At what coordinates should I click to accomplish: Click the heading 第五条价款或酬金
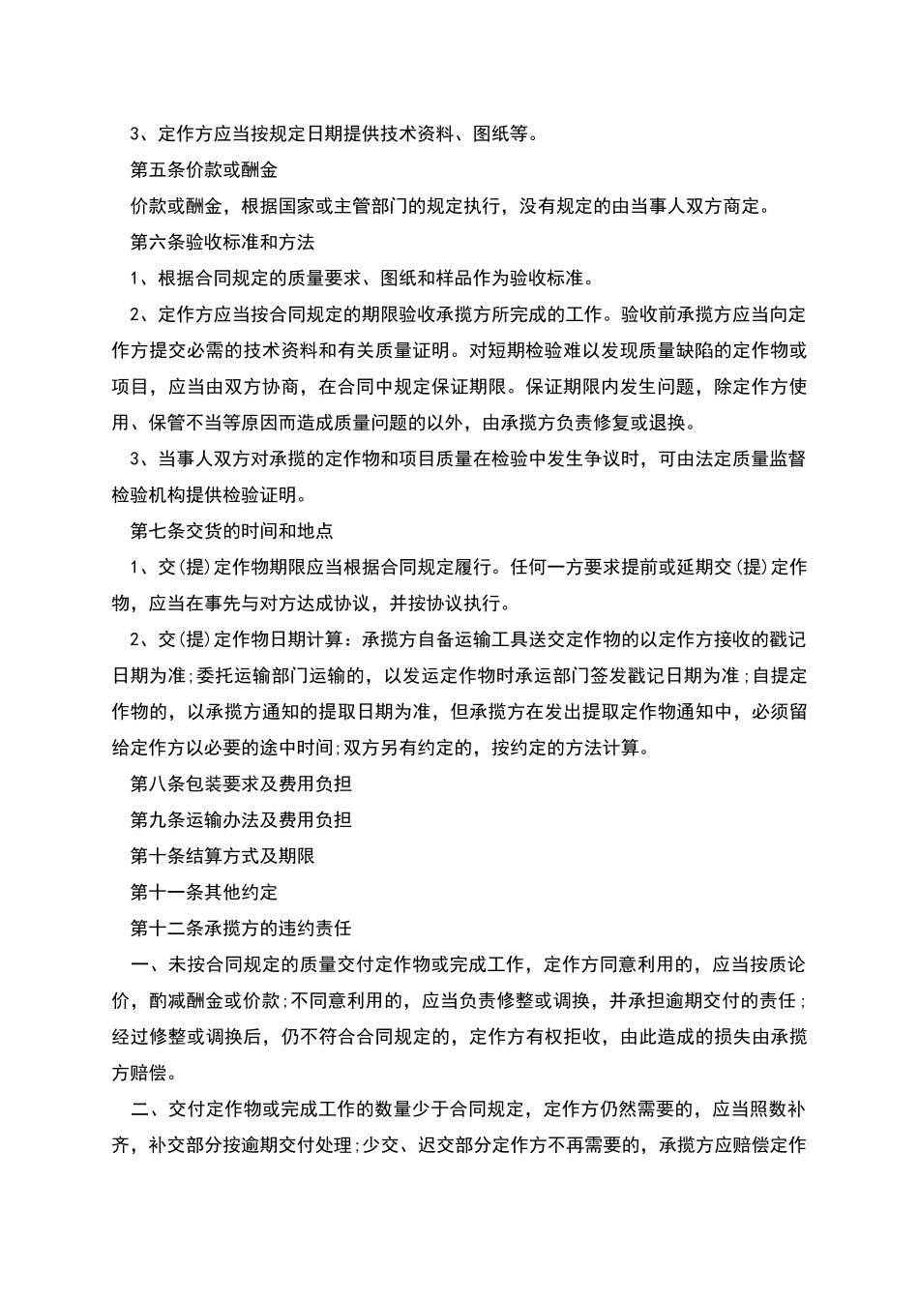tap(203, 170)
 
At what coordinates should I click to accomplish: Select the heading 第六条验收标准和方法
tap(222, 243)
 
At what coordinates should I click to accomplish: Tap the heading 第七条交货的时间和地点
tap(231, 531)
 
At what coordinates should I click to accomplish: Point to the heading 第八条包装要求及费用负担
tap(240, 783)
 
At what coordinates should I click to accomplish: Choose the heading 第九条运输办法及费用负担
tap(240, 820)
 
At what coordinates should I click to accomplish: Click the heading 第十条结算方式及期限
tap(222, 856)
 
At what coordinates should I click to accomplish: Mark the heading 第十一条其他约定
tap(203, 892)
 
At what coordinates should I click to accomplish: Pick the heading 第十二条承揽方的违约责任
tap(240, 929)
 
